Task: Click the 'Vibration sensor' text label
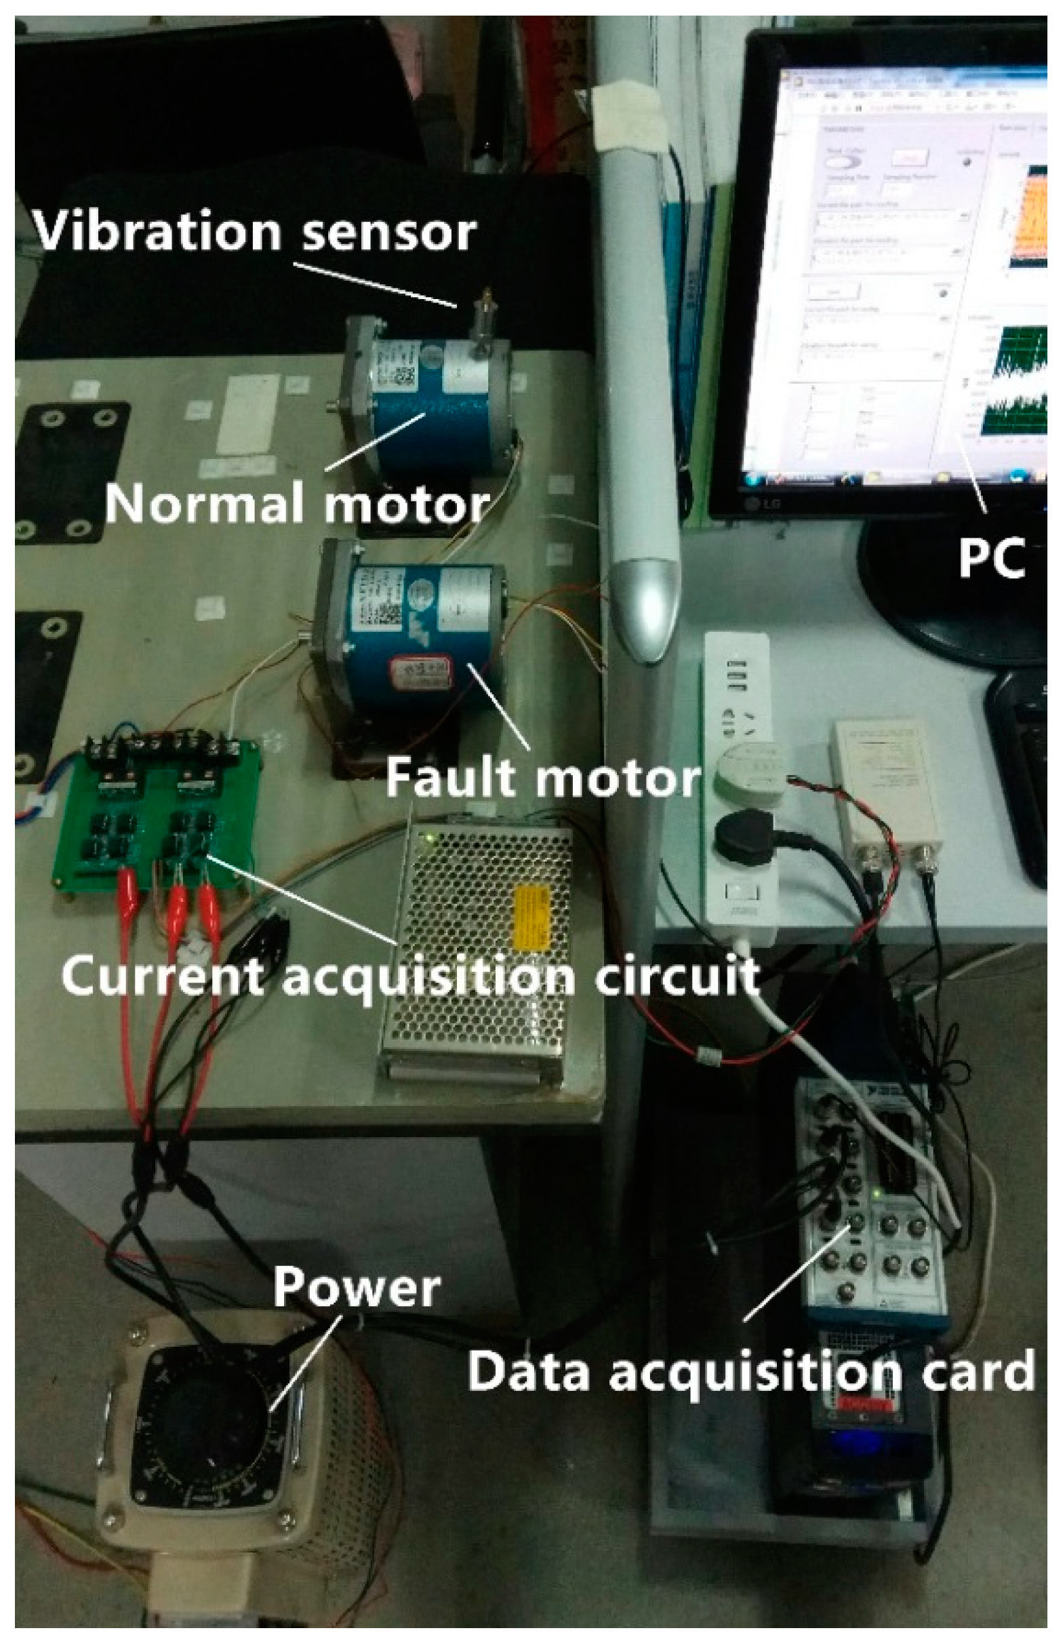[254, 232]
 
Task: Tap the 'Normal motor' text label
[296, 504]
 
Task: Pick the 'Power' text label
[357, 1287]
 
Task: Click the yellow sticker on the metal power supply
[532, 917]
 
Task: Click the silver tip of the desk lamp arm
[644, 607]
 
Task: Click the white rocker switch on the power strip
[742, 892]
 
